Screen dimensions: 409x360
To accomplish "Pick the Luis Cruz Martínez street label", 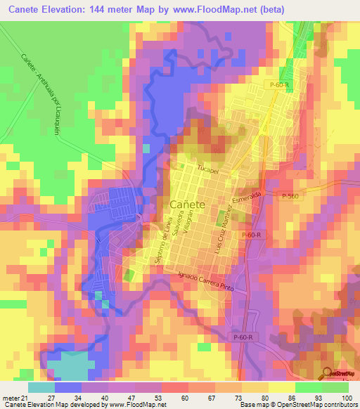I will (x=222, y=235).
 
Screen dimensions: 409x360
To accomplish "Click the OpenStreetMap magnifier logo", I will (x=328, y=373).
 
